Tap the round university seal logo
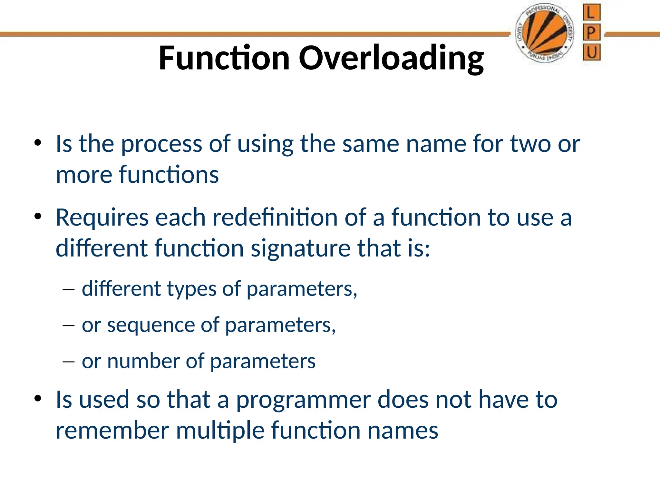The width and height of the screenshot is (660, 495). tap(544, 34)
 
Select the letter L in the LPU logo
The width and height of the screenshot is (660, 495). tap(591, 13)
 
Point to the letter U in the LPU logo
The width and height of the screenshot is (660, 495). tap(591, 52)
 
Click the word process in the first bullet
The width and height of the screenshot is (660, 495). tap(161, 144)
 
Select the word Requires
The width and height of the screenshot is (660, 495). tap(102, 218)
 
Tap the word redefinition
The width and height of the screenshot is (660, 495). tap(275, 218)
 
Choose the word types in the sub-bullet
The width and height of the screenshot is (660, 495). tap(191, 289)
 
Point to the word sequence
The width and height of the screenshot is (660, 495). tap(150, 325)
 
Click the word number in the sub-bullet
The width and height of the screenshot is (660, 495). tap(143, 361)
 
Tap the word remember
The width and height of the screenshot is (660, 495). tap(112, 431)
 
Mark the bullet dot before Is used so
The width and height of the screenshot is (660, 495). tap(38, 399)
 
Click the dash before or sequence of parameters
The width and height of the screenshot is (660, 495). tap(68, 326)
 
